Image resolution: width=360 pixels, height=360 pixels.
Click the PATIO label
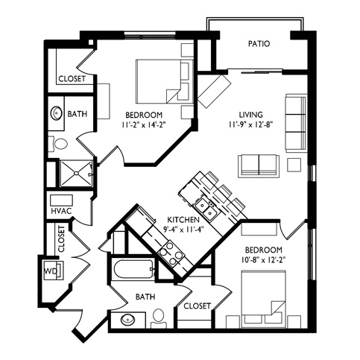click(259, 44)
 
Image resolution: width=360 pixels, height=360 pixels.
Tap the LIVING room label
click(250, 115)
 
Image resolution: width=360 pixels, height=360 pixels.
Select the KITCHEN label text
click(183, 220)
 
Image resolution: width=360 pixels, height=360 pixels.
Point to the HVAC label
click(61, 211)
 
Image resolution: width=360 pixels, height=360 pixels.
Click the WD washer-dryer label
click(51, 271)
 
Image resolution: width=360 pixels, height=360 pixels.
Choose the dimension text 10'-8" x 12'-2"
click(263, 260)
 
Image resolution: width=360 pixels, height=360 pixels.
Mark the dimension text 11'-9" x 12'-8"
click(251, 124)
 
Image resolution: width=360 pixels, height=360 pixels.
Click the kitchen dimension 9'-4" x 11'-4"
click(183, 230)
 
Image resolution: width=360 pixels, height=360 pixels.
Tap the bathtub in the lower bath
click(133, 270)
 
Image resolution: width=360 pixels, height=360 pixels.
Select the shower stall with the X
click(77, 173)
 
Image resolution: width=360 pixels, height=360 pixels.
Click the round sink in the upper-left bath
click(57, 113)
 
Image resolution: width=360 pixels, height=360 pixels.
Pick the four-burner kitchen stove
click(171, 253)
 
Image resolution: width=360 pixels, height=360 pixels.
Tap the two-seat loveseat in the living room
click(259, 166)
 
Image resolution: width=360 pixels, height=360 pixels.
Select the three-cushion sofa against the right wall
click(296, 123)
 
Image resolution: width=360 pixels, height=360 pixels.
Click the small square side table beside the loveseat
click(294, 165)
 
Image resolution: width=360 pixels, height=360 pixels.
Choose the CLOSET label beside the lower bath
click(197, 306)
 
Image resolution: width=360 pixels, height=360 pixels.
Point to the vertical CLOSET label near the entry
click(61, 239)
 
